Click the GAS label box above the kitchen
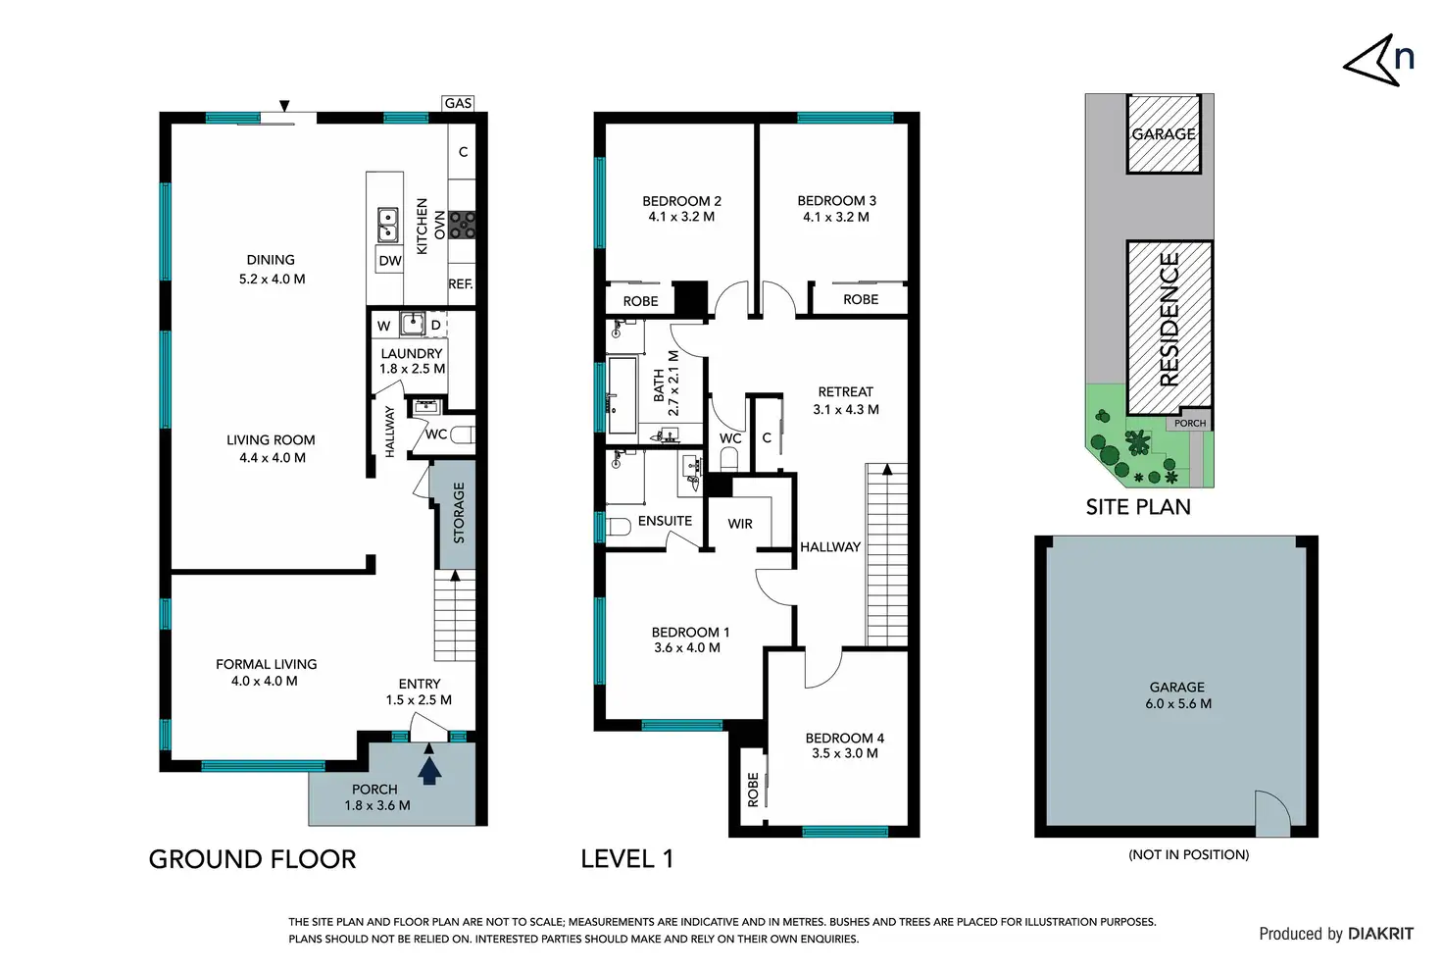coord(458,103)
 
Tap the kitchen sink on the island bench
coord(387,225)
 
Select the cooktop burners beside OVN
coord(462,225)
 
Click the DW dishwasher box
coord(390,260)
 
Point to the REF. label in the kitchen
coord(461,283)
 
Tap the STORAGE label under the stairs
coord(459,512)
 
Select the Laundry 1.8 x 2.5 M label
coord(412,361)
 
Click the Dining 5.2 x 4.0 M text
coord(272,270)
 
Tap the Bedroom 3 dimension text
coord(836,217)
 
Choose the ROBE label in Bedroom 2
coord(640,301)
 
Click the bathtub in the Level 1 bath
coord(622,395)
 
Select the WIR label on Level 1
coord(740,524)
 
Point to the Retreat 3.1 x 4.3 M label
coord(846,400)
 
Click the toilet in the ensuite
coord(618,526)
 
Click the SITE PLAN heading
coord(1138,507)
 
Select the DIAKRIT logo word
coord(1380,934)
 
